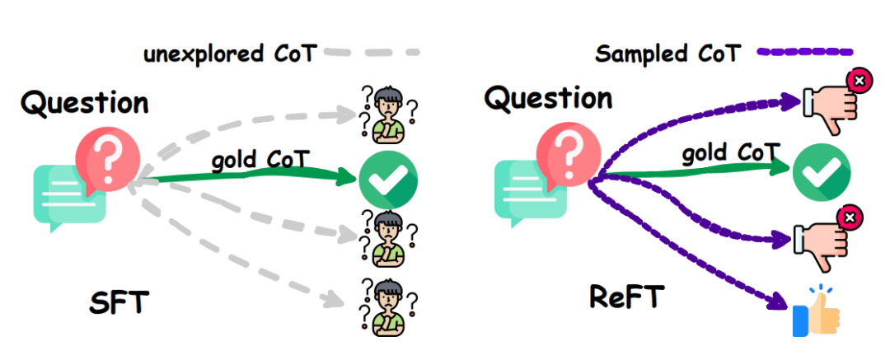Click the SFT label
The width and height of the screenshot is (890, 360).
tap(119, 302)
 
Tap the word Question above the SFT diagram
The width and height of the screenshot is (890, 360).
tap(85, 104)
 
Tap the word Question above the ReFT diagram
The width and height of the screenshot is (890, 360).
tap(548, 98)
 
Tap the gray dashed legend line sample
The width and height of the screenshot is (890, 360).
tap(371, 53)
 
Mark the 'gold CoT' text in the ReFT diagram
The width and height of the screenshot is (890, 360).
tap(730, 153)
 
